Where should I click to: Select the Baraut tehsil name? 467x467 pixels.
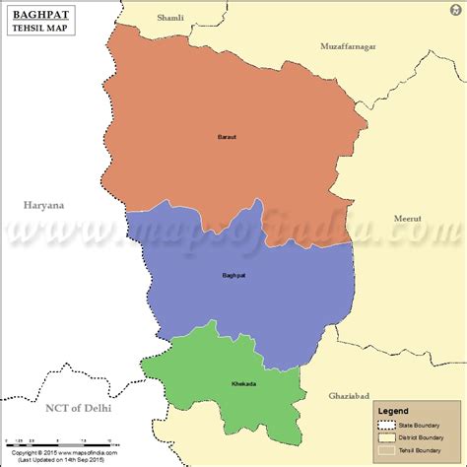(228, 136)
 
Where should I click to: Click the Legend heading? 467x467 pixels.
(395, 410)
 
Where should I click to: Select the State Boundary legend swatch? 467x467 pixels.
(384, 426)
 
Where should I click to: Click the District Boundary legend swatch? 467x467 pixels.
(384, 437)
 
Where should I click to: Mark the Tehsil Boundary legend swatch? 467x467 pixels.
(384, 449)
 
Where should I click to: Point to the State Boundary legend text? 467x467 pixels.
(422, 426)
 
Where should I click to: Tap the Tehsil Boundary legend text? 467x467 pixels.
(423, 449)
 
